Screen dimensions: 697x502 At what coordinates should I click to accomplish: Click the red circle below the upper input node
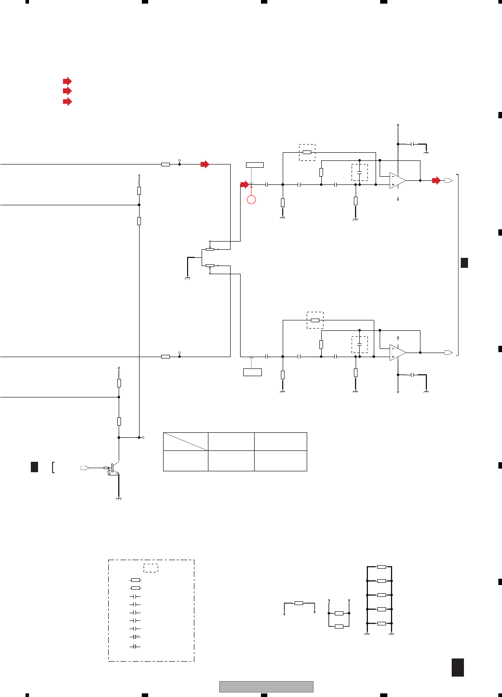coord(251,199)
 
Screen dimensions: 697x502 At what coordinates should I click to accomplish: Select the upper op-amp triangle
coord(397,180)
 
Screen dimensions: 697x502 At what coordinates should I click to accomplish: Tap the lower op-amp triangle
coord(397,353)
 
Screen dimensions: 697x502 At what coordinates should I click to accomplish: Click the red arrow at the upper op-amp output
coord(436,180)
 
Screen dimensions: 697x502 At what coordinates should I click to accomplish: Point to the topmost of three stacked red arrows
coord(67,82)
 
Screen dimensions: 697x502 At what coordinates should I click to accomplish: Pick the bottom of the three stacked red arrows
coord(67,102)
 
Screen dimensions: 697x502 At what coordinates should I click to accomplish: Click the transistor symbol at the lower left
coord(114,469)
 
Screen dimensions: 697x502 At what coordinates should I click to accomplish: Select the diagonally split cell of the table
coord(186,441)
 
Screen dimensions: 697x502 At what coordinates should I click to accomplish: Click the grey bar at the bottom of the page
coord(266,687)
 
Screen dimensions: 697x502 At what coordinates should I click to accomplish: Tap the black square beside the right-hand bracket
coord(464,262)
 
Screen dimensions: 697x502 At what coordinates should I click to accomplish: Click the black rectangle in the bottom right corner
coord(458,668)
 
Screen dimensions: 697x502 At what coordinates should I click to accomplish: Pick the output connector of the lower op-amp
coord(449,353)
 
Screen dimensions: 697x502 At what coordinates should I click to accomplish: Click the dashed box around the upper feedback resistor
coord(307,152)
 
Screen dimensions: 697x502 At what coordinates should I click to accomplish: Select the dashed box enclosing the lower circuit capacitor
coord(360,345)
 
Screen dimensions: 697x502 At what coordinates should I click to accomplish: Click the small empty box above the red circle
coord(255,165)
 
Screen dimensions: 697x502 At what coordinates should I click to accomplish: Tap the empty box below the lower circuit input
coord(252,372)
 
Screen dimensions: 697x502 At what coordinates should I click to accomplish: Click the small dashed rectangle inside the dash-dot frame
coord(151,568)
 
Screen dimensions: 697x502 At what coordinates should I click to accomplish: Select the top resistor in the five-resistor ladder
coord(381,567)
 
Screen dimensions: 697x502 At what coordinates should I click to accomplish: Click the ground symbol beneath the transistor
coord(119,499)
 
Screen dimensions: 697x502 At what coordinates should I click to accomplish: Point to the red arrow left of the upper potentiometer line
coord(245,184)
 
